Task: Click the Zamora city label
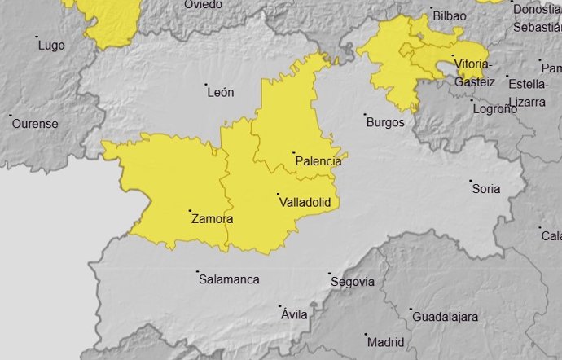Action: pyautogui.click(x=213, y=219)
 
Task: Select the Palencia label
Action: pyautogui.click(x=318, y=161)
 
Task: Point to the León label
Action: pyautogui.click(x=221, y=93)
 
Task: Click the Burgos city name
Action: pyautogui.click(x=385, y=122)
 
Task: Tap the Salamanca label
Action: pyautogui.click(x=229, y=279)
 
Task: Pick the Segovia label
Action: pyautogui.click(x=353, y=282)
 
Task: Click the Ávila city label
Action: pyautogui.click(x=294, y=314)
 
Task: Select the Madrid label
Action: pyautogui.click(x=386, y=341)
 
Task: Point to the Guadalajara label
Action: pyautogui.click(x=445, y=316)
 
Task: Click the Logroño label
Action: pyautogui.click(x=495, y=108)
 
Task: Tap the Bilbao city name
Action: pyautogui.click(x=450, y=15)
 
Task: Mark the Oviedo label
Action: pyautogui.click(x=203, y=5)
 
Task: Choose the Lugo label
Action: pyautogui.click(x=51, y=45)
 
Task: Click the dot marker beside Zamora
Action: pyautogui.click(x=190, y=211)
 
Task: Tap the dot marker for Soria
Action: pyautogui.click(x=472, y=181)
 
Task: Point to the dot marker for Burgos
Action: pyautogui.click(x=364, y=115)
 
